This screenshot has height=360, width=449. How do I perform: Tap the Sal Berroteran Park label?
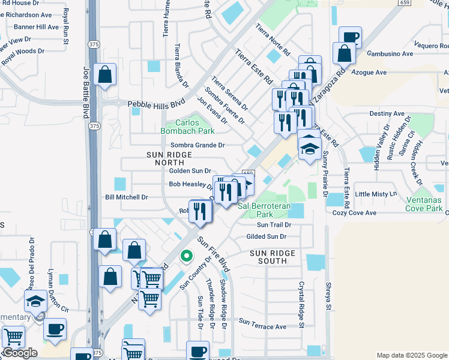click(265, 209)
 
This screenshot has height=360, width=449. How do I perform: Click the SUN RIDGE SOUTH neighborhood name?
click(273, 257)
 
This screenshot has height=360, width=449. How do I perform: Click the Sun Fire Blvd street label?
click(214, 253)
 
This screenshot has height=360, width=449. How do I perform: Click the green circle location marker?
click(187, 256)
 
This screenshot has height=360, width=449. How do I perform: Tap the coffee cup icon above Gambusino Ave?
click(350, 37)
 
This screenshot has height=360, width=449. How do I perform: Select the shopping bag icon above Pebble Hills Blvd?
click(105, 76)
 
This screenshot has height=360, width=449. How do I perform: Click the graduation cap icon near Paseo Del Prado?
click(35, 300)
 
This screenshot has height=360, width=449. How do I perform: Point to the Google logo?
click(20, 353)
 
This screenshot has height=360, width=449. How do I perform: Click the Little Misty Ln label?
click(376, 194)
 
